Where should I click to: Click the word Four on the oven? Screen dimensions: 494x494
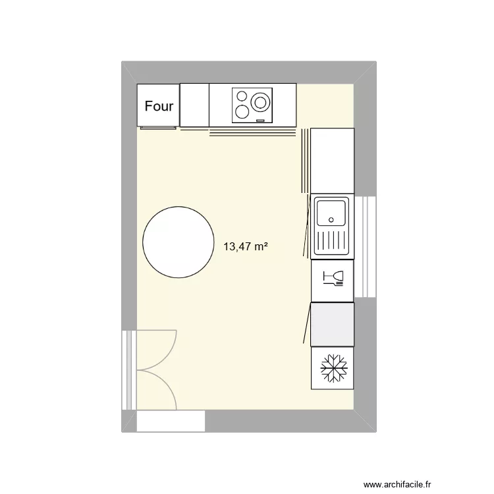pyautogui.click(x=159, y=106)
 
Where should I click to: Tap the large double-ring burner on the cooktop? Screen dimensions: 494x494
pyautogui.click(x=261, y=102)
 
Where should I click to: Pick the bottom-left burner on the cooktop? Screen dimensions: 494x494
pyautogui.click(x=242, y=112)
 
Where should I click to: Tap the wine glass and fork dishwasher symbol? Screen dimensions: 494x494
pyautogui.click(x=333, y=279)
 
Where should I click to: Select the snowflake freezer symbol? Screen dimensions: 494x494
pyautogui.click(x=333, y=368)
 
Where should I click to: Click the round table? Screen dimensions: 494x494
pyautogui.click(x=178, y=241)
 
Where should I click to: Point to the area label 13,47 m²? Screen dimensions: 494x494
pyautogui.click(x=246, y=247)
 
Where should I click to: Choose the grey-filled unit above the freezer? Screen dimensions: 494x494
pyautogui.click(x=333, y=325)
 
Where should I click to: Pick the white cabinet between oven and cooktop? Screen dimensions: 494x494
pyautogui.click(x=194, y=105)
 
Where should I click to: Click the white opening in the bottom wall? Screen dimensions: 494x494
pyautogui.click(x=171, y=422)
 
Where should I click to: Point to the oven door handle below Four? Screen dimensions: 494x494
pyautogui.click(x=158, y=128)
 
